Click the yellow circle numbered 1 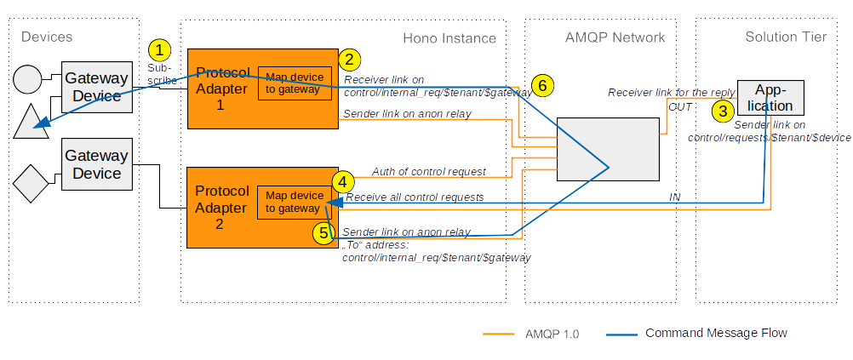159,50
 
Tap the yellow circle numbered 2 349,60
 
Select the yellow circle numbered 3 723,111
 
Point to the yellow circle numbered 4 342,181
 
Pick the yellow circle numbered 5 323,233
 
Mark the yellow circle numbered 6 542,85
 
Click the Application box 771,98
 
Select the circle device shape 27,79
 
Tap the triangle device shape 31,121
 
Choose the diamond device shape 31,183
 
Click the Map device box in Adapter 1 295,83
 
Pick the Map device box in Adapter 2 295,203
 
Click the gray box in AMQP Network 608,149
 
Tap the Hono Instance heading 449,38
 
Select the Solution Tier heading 786,37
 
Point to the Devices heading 47,37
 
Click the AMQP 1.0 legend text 552,334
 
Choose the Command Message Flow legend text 717,333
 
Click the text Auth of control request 429,172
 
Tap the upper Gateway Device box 97,87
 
